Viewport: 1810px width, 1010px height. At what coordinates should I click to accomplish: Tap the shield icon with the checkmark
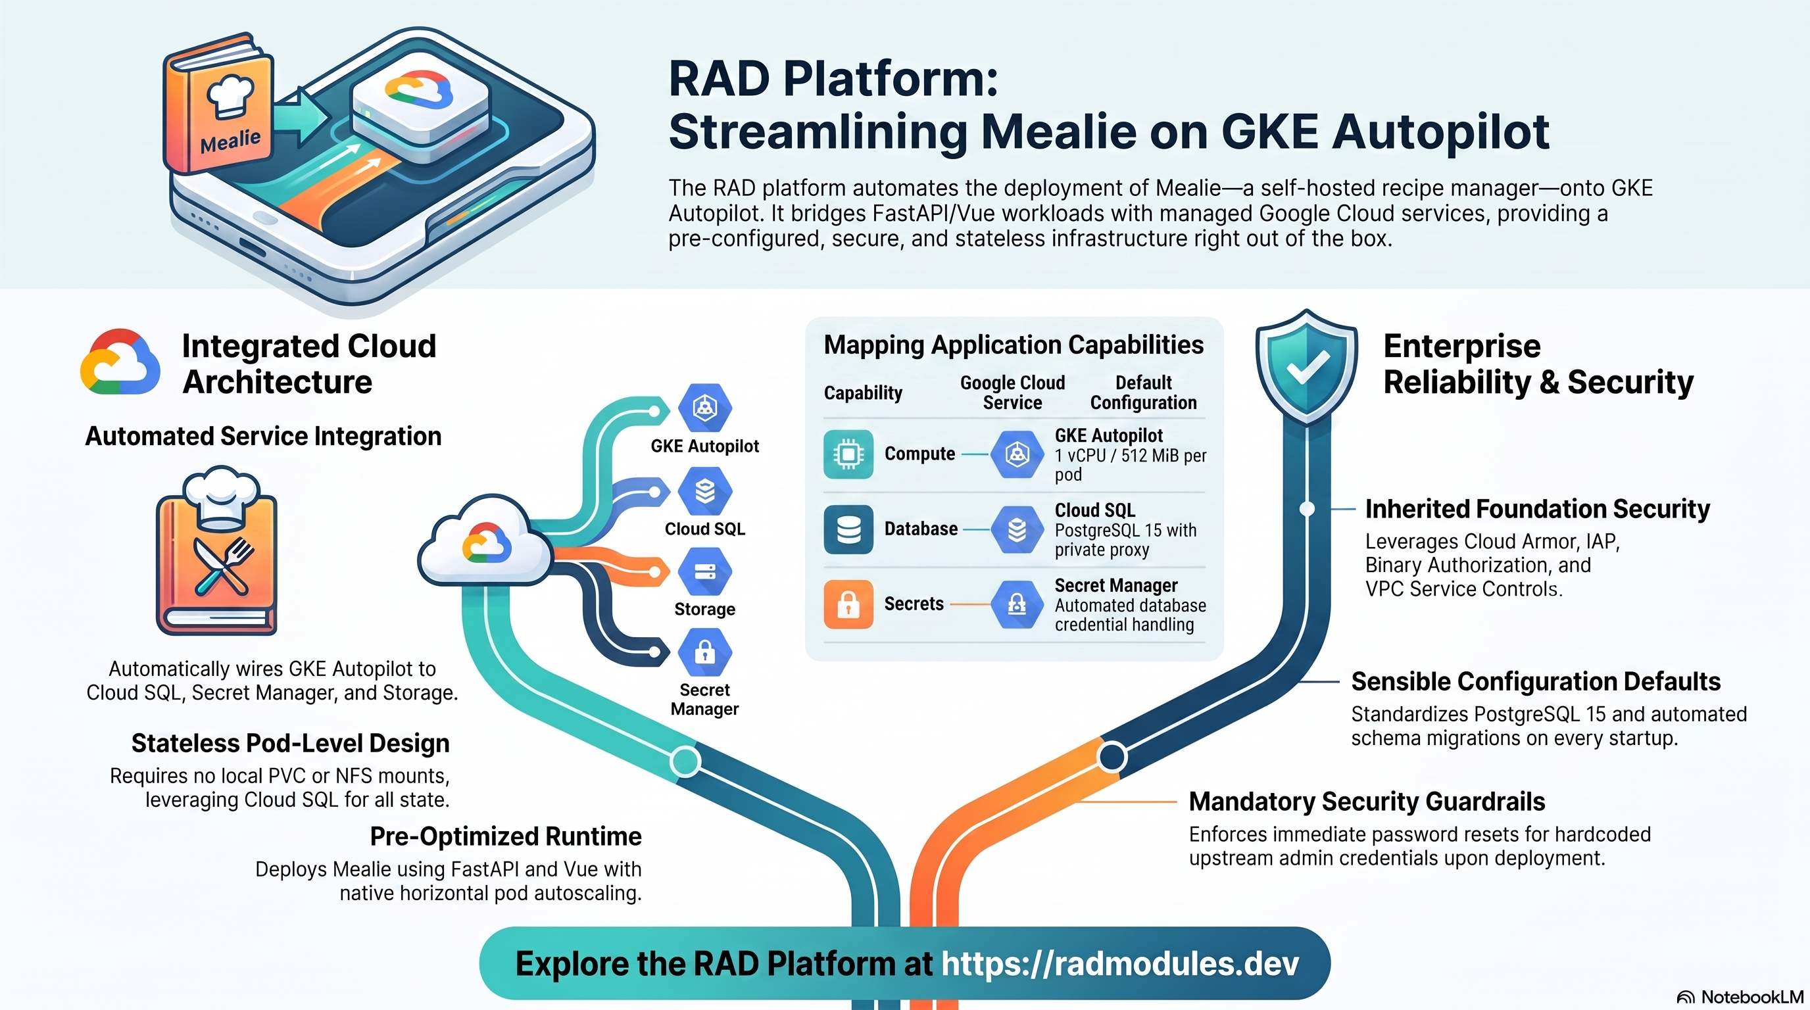(1306, 367)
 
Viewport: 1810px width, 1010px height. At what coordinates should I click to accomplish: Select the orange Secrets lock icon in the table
(848, 604)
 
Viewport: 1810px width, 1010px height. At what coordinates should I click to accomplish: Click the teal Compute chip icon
(848, 454)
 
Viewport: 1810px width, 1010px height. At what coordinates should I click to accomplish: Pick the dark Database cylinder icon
(848, 529)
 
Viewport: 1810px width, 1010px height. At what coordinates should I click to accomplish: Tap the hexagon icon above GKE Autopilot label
(705, 408)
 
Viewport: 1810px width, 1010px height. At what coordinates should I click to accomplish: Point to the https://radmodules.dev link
(1119, 964)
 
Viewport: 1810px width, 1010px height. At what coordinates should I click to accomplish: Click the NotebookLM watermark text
(1751, 998)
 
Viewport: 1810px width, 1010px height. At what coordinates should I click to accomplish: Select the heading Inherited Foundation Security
(1537, 508)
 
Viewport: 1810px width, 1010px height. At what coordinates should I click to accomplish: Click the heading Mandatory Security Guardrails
(1367, 802)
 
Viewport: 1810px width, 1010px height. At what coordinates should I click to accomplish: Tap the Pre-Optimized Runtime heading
(506, 836)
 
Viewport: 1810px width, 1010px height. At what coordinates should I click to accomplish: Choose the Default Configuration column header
(1143, 393)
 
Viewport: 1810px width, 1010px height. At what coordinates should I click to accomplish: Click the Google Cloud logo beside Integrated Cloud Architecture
(120, 362)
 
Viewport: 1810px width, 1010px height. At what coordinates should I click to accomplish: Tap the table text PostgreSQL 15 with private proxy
(1125, 540)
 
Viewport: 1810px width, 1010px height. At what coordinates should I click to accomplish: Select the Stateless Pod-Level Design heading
(290, 743)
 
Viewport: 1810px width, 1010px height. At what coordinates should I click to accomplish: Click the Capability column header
(863, 393)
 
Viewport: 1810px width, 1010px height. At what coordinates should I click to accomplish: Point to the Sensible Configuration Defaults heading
(1536, 681)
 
